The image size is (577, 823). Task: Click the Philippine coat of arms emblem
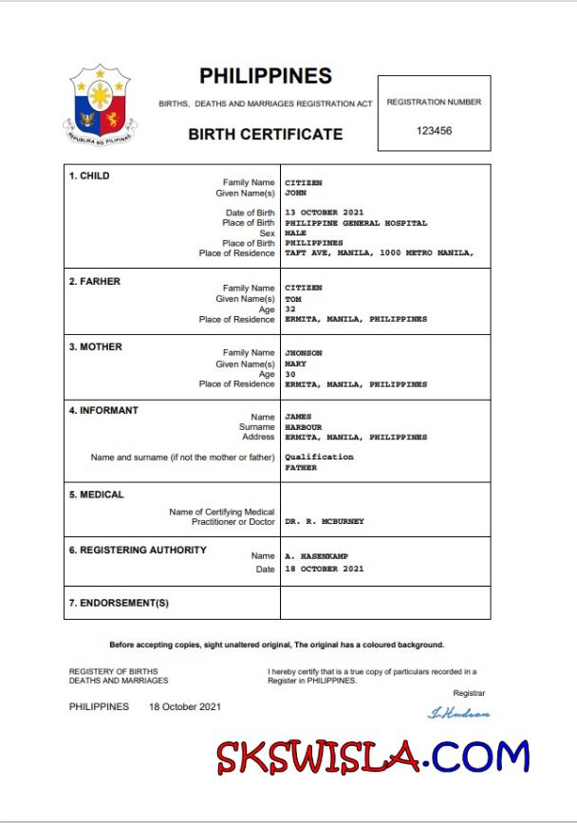[x=101, y=103]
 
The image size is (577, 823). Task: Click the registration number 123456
[x=434, y=131]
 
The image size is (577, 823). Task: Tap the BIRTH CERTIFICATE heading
[x=266, y=135]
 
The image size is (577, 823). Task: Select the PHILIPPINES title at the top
[x=266, y=77]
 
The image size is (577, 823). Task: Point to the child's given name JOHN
[x=296, y=193]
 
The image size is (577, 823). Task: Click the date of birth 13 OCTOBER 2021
[x=325, y=213]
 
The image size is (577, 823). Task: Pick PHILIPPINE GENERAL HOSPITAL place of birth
[x=356, y=223]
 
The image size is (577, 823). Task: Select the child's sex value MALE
[x=296, y=234]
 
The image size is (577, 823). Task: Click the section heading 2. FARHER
[x=95, y=282]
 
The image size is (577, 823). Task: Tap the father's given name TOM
[x=293, y=299]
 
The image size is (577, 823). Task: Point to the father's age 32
[x=290, y=309]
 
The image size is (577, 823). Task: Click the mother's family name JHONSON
[x=304, y=353]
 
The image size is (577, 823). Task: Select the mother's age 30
[x=290, y=374]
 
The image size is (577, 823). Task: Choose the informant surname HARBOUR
[x=304, y=427]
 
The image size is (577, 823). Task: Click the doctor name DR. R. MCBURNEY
[x=325, y=522]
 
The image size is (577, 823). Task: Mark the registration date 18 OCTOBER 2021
[x=325, y=570]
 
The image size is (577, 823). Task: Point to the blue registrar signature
[x=459, y=713]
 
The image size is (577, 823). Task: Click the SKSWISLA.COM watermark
[x=372, y=756]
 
